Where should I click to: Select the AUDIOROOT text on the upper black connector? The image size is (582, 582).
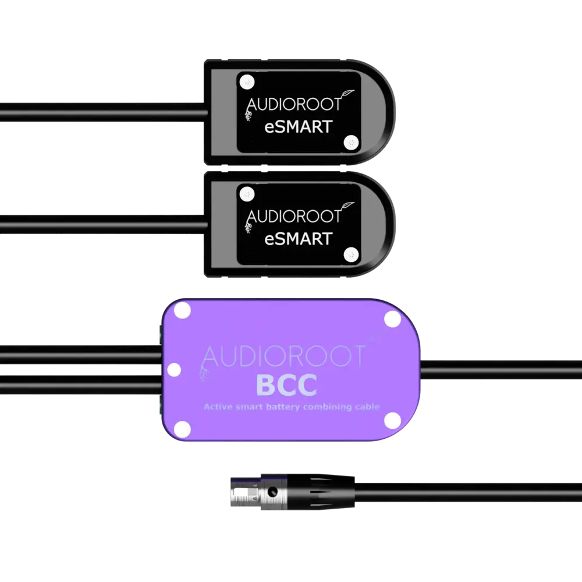click(293, 105)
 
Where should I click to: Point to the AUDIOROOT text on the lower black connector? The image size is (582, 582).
click(293, 217)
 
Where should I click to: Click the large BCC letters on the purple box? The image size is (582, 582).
click(286, 385)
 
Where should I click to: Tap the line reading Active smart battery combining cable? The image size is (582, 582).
click(292, 407)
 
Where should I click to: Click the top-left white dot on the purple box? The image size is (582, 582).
click(183, 311)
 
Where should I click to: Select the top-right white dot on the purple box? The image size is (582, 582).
click(393, 318)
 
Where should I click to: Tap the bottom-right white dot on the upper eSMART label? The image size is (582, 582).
click(350, 141)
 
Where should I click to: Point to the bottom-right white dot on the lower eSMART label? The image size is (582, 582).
click(350, 254)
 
